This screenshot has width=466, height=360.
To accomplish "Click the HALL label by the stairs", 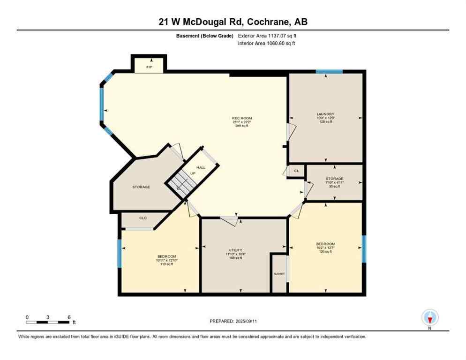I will click(x=201, y=167).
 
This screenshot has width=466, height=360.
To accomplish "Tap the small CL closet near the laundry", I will click(x=296, y=171).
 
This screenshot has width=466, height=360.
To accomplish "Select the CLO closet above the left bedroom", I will click(x=143, y=218).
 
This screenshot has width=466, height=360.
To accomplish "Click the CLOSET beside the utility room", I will click(x=279, y=274).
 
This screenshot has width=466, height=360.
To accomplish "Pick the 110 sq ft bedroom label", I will click(x=166, y=260).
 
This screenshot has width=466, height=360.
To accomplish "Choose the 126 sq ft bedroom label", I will click(x=325, y=247).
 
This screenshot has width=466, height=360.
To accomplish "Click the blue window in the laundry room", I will click(x=329, y=72).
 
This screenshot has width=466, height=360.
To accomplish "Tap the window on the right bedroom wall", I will click(x=364, y=249).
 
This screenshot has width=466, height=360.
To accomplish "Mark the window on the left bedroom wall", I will click(x=120, y=254).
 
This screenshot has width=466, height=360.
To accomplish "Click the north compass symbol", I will click(x=430, y=318).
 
